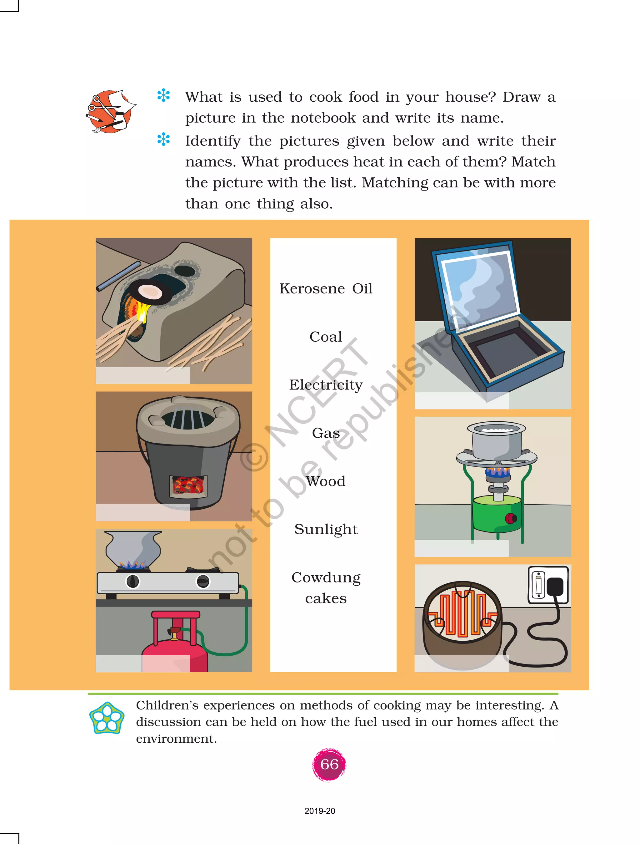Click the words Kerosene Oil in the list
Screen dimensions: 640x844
(x=326, y=288)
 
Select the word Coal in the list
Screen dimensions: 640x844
(x=326, y=337)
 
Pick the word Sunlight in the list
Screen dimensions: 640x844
(x=326, y=530)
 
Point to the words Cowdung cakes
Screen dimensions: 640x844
(x=326, y=587)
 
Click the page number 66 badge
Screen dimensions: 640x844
(x=329, y=764)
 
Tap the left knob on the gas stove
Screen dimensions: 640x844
(x=132, y=582)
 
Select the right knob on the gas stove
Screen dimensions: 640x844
(x=202, y=582)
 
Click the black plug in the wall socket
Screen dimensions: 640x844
(x=555, y=586)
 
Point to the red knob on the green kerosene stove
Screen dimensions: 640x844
(x=510, y=518)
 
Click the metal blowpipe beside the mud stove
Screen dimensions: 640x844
(x=118, y=276)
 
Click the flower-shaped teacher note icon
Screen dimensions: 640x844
(x=107, y=718)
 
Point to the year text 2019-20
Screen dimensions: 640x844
(x=320, y=811)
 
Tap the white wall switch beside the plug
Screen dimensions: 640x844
(x=538, y=585)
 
